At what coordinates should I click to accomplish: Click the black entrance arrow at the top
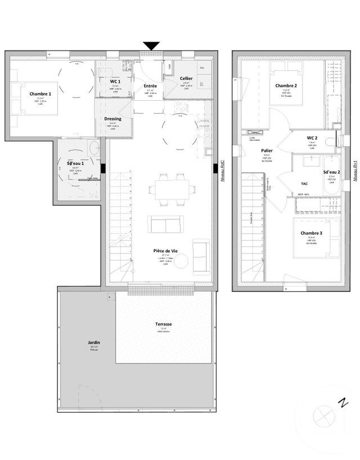[151, 46]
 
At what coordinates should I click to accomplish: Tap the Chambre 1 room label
[40, 93]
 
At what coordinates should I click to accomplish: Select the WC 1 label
[115, 81]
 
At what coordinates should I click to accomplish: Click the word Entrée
[151, 86]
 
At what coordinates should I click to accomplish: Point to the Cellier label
[186, 78]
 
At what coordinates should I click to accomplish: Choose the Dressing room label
[113, 119]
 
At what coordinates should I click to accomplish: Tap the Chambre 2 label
[286, 86]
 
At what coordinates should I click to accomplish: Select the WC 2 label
[312, 137]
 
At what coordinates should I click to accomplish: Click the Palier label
[267, 150]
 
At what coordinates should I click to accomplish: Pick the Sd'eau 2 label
[331, 172]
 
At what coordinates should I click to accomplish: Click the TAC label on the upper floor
[304, 184]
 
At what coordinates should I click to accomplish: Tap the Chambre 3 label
[311, 233]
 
